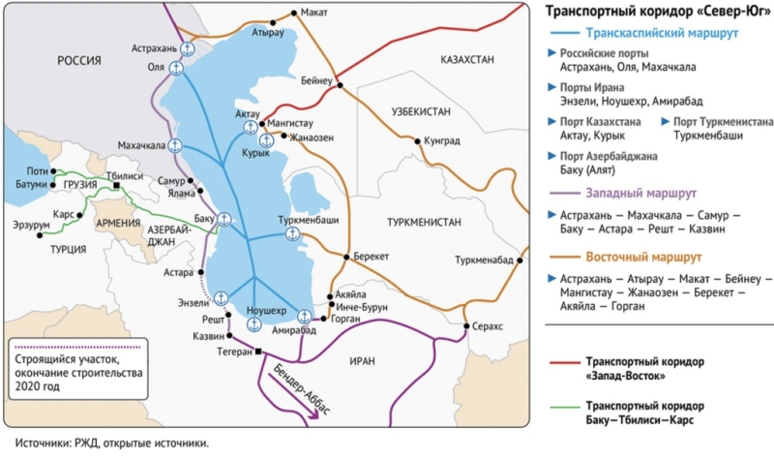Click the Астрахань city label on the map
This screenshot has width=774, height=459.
point(155,46)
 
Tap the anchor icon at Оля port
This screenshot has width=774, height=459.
point(176,68)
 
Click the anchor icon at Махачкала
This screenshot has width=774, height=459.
point(175,145)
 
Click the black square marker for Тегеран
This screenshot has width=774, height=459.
point(258,352)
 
